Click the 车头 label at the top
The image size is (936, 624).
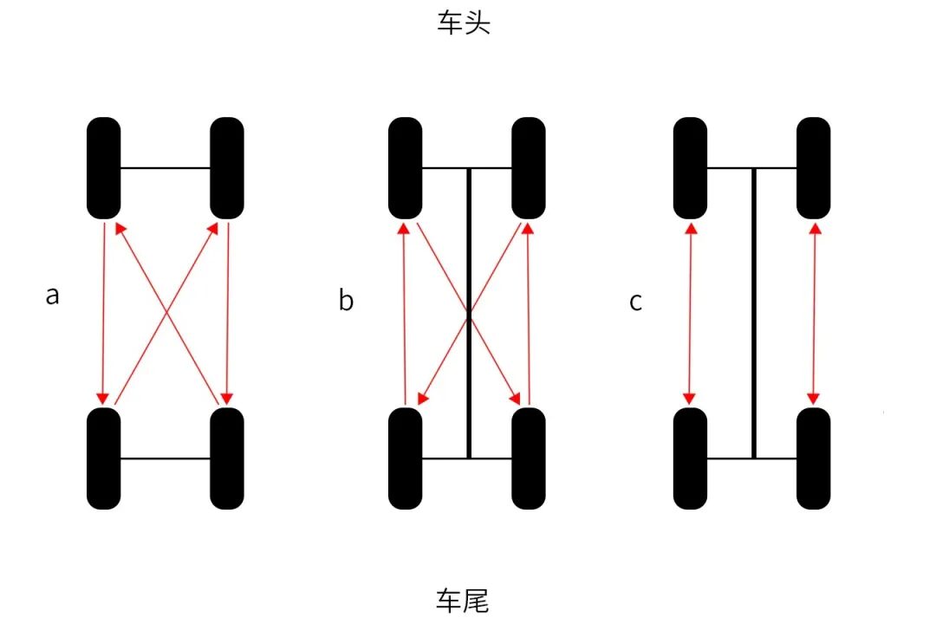464,23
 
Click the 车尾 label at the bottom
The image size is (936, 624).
463,600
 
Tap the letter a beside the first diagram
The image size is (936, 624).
53,296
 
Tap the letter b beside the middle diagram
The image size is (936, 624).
346,301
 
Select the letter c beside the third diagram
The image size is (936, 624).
636,302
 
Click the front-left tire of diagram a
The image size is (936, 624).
104,168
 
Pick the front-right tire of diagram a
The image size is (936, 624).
227,168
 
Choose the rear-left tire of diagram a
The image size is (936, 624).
104,458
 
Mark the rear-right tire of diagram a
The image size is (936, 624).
227,458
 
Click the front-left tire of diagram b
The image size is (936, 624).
405,168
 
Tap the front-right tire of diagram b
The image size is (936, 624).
528,168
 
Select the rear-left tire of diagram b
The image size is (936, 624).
405,458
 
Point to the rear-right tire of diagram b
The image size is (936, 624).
528,458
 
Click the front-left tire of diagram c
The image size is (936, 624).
690,168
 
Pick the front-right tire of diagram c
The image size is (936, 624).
813,168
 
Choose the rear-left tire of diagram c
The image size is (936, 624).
690,458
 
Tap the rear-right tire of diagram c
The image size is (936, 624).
813,458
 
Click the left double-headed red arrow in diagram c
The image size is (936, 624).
690,313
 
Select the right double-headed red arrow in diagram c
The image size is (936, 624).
813,313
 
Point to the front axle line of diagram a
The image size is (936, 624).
166,168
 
